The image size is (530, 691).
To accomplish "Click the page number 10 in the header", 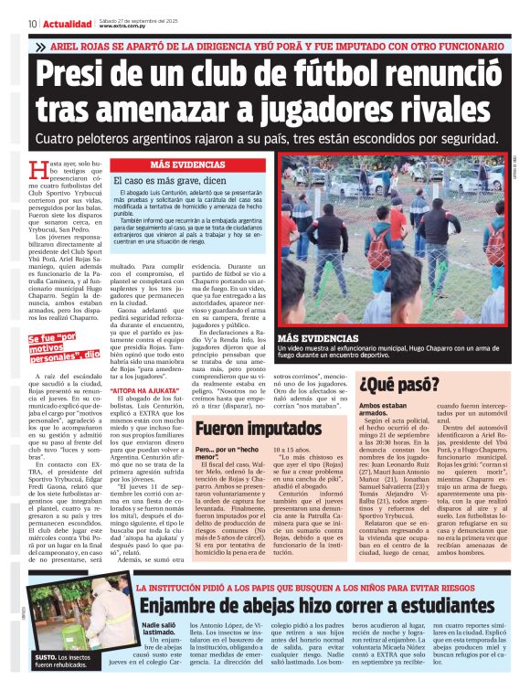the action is pos(32,24).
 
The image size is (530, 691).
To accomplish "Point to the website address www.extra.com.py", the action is pos(124,27).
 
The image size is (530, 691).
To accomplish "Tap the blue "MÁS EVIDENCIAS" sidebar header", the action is pos(187,165).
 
